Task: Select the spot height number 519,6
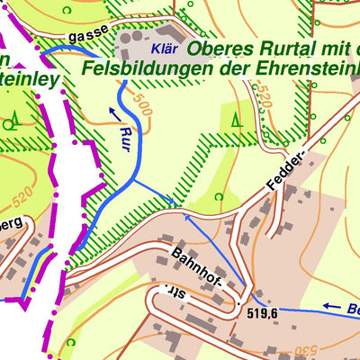(264, 313)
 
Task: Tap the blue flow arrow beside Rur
(115, 112)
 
